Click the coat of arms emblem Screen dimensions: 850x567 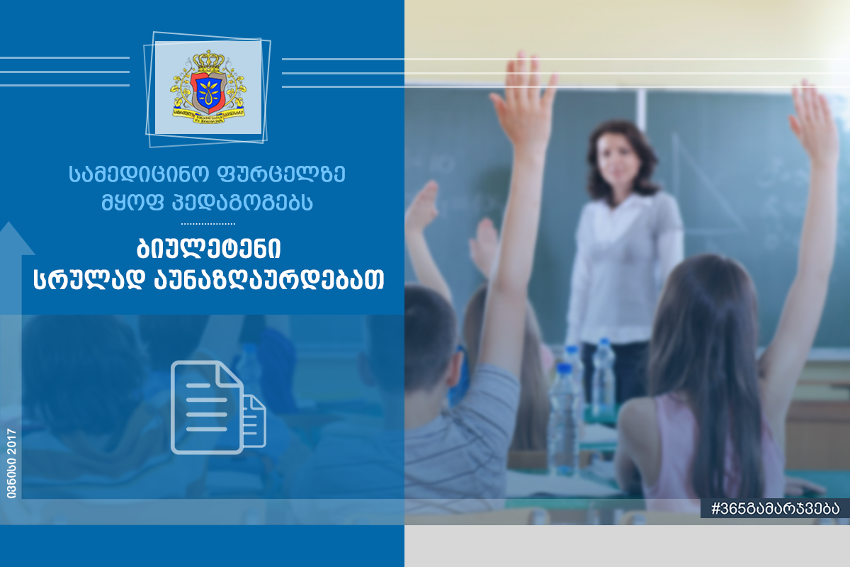pos(208,87)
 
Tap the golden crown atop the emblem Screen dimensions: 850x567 pos(208,60)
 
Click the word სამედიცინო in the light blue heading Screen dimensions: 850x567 pos(139,174)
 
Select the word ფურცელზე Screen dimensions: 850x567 pos(281,174)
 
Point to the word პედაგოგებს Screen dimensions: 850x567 pos(242,202)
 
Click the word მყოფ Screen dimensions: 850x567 pos(132,202)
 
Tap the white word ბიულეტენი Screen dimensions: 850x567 pos(208,249)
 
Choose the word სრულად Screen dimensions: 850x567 pos(89,279)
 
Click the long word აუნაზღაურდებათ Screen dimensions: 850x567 pos(269,279)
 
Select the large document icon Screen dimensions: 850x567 pos(207,407)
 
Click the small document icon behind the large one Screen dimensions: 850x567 pos(254,422)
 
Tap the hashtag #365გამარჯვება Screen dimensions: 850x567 pos(775,508)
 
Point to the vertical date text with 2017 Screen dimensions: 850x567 pos(11,464)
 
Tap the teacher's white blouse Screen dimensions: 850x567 pos(624,266)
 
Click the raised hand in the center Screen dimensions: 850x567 pos(524,104)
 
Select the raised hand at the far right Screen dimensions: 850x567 pos(814,121)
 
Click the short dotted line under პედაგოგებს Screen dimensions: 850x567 pos(208,224)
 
